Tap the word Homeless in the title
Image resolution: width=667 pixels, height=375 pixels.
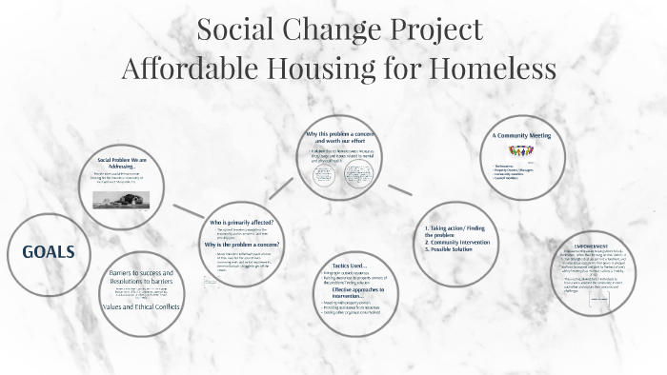[489, 69]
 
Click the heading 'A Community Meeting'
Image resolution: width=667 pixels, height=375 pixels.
[522, 136]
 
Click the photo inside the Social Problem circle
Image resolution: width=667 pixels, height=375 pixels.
[117, 201]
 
